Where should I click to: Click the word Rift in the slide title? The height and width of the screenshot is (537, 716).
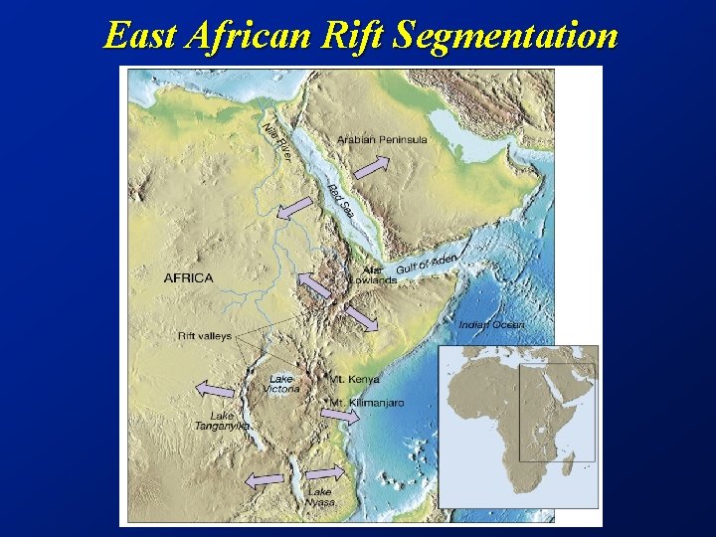coord(354,36)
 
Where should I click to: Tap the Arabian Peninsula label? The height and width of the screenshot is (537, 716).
coord(383,140)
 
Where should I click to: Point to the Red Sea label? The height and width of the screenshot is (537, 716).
coord(342,204)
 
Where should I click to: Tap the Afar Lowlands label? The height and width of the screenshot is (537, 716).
coord(373,274)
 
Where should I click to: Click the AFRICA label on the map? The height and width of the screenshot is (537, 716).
coord(188,277)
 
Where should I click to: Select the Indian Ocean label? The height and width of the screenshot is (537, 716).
coord(491,324)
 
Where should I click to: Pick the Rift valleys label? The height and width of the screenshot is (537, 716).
coord(204,336)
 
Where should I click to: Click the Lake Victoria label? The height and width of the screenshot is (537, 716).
coord(282,384)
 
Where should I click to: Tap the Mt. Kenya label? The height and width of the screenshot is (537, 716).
coord(355,379)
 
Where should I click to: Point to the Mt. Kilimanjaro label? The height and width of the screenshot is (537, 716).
coord(367,403)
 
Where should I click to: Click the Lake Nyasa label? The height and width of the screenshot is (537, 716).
coord(319,497)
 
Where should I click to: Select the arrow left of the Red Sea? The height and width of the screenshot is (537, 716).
coord(294,209)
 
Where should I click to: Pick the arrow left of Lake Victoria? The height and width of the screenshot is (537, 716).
coord(214,389)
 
